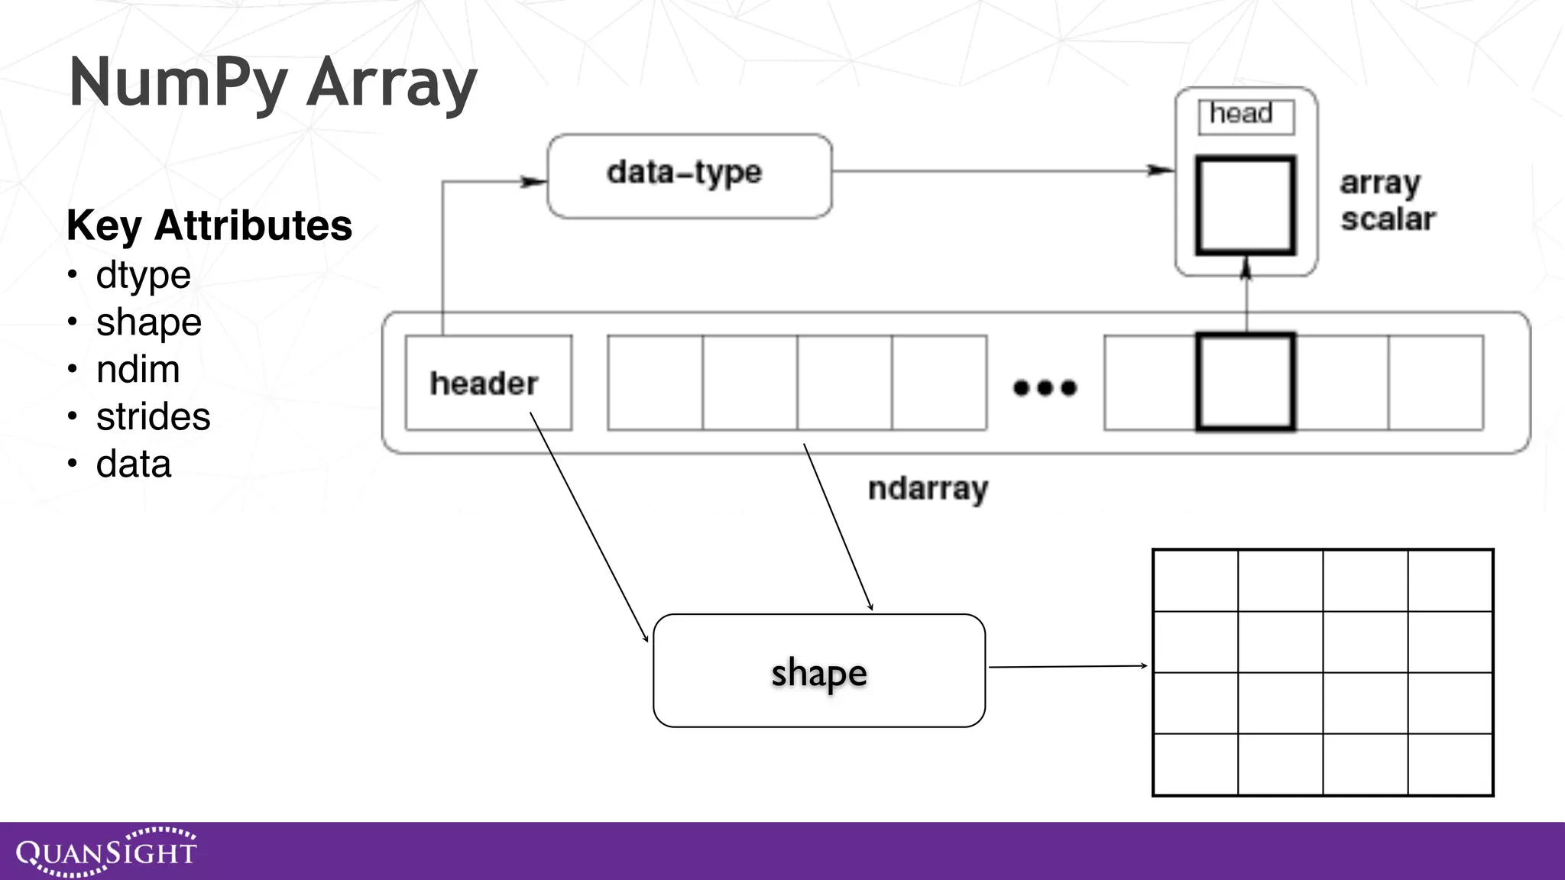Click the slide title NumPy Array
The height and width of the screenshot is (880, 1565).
pyautogui.click(x=273, y=82)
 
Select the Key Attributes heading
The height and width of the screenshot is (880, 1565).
pyautogui.click(x=209, y=225)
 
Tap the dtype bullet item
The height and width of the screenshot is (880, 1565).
pyautogui.click(x=143, y=275)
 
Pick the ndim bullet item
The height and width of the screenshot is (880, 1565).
pyautogui.click(x=138, y=370)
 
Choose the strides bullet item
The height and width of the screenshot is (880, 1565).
pyautogui.click(x=153, y=417)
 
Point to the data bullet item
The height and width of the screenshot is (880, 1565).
pyautogui.click(x=133, y=464)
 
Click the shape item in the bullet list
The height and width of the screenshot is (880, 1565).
pyautogui.click(x=148, y=322)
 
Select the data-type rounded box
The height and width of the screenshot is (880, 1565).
pyautogui.click(x=689, y=176)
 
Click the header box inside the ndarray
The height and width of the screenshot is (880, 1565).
pyautogui.click(x=488, y=383)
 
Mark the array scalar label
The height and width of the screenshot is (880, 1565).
pyautogui.click(x=1387, y=201)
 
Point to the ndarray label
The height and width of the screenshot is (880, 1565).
pyautogui.click(x=928, y=489)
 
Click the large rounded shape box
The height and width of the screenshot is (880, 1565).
pyautogui.click(x=818, y=671)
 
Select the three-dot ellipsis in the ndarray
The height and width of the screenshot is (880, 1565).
pyautogui.click(x=1045, y=388)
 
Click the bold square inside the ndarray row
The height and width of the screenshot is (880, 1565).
pyautogui.click(x=1246, y=382)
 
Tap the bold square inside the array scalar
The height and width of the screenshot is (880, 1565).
pyautogui.click(x=1246, y=205)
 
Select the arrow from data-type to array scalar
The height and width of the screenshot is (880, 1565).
pyautogui.click(x=1001, y=170)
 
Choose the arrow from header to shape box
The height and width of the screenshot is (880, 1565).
pyautogui.click(x=588, y=527)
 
